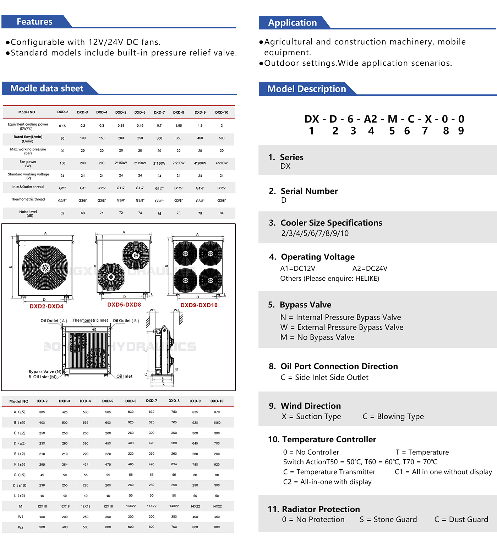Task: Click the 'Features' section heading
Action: tap(34, 22)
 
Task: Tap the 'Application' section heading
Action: tap(292, 23)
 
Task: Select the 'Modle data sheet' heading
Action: tap(47, 88)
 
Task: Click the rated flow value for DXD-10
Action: tap(222, 138)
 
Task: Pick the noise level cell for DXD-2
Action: tap(62, 213)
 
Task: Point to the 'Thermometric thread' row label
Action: tap(28, 199)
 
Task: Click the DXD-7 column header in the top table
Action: tap(159, 113)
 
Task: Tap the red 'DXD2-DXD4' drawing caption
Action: tap(47, 306)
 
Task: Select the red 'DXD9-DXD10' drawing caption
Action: tap(199, 305)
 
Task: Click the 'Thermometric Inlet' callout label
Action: tap(90, 320)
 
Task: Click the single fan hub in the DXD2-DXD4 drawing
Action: tap(45, 268)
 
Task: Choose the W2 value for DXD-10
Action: tap(217, 527)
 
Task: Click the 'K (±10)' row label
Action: tap(20, 485)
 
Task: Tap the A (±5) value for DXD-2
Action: tap(42, 412)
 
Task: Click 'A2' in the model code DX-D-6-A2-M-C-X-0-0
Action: tap(371, 119)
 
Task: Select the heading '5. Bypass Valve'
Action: tap(305, 305)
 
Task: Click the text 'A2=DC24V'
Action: tap(370, 269)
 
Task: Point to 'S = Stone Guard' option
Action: tap(388, 520)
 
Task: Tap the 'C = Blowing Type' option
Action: tap(393, 417)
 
